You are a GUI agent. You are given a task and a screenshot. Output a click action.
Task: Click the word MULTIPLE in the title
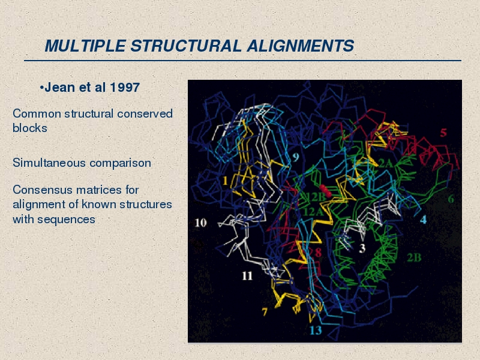[85, 46]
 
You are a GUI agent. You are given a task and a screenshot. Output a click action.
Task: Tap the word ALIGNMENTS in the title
[301, 46]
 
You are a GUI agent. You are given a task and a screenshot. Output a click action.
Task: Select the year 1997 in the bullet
[125, 88]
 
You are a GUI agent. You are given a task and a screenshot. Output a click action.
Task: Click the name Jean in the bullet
[60, 88]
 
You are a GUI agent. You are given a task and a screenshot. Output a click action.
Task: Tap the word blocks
[29, 128]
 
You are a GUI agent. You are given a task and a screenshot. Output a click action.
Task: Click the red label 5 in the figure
[443, 133]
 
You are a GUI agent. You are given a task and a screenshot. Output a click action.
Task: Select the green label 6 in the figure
[451, 199]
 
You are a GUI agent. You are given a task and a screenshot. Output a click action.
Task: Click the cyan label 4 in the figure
[423, 220]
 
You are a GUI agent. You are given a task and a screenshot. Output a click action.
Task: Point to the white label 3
[362, 248]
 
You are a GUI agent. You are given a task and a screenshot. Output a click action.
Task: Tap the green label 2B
[414, 258]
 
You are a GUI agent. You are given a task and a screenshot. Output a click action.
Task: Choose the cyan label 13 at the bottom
[316, 331]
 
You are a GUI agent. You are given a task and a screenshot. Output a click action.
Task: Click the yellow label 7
[265, 311]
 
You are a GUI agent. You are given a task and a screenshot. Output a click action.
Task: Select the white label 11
[247, 276]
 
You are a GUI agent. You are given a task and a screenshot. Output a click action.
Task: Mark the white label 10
[201, 223]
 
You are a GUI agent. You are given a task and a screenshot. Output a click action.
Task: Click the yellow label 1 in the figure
[226, 181]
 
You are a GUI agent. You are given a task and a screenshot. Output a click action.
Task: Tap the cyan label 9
[295, 157]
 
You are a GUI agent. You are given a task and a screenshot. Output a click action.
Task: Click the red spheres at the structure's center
[325, 190]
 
